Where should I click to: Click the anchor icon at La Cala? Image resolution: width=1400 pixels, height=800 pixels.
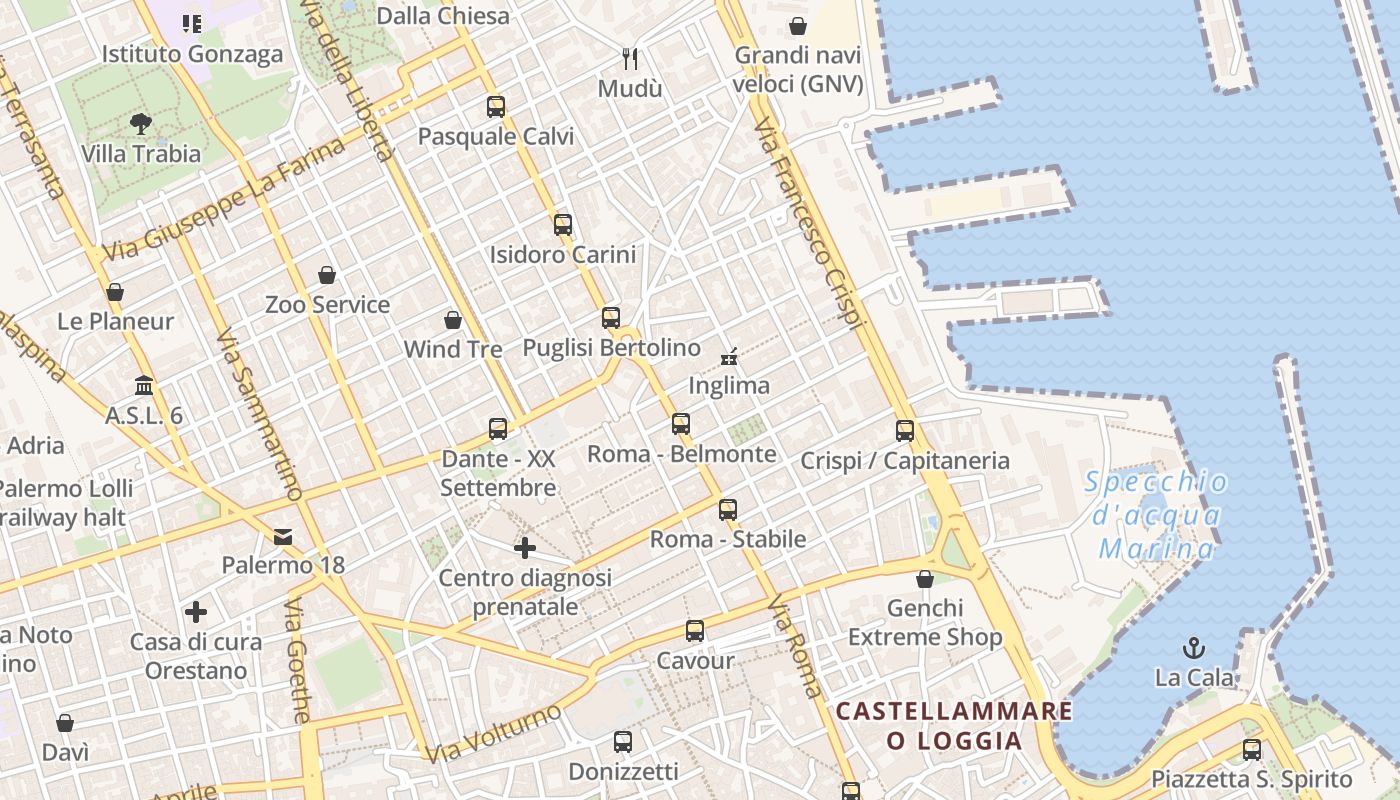(x=1193, y=648)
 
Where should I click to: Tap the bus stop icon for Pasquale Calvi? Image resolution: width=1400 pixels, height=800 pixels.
(x=495, y=106)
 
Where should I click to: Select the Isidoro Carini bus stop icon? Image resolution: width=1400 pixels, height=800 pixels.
(x=562, y=224)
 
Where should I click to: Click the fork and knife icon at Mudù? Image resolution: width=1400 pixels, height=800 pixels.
(x=630, y=58)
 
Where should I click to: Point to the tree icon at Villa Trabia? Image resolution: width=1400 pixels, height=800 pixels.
(x=141, y=124)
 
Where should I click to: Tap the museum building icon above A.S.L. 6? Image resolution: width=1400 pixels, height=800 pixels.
(x=144, y=385)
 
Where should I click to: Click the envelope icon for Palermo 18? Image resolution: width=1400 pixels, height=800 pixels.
(x=283, y=536)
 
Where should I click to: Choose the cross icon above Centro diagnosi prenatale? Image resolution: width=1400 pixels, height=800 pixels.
(x=525, y=548)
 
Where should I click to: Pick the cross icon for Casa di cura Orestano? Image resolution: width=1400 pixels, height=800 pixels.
(x=196, y=611)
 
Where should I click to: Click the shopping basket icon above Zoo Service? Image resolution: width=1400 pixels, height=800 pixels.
(x=327, y=274)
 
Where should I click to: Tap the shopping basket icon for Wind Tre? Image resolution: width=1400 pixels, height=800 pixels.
(x=453, y=320)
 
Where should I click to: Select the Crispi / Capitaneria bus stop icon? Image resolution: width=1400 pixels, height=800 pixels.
(x=905, y=431)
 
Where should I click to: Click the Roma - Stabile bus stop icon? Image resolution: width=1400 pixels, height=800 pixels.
(x=727, y=509)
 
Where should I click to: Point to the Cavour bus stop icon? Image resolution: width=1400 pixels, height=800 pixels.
(x=695, y=631)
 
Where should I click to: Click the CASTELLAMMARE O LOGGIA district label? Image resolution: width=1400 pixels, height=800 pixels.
(x=954, y=726)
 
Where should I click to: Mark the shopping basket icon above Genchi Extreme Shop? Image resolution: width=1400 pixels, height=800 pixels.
(x=925, y=579)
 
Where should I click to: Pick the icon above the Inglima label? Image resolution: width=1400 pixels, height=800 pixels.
(x=730, y=355)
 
